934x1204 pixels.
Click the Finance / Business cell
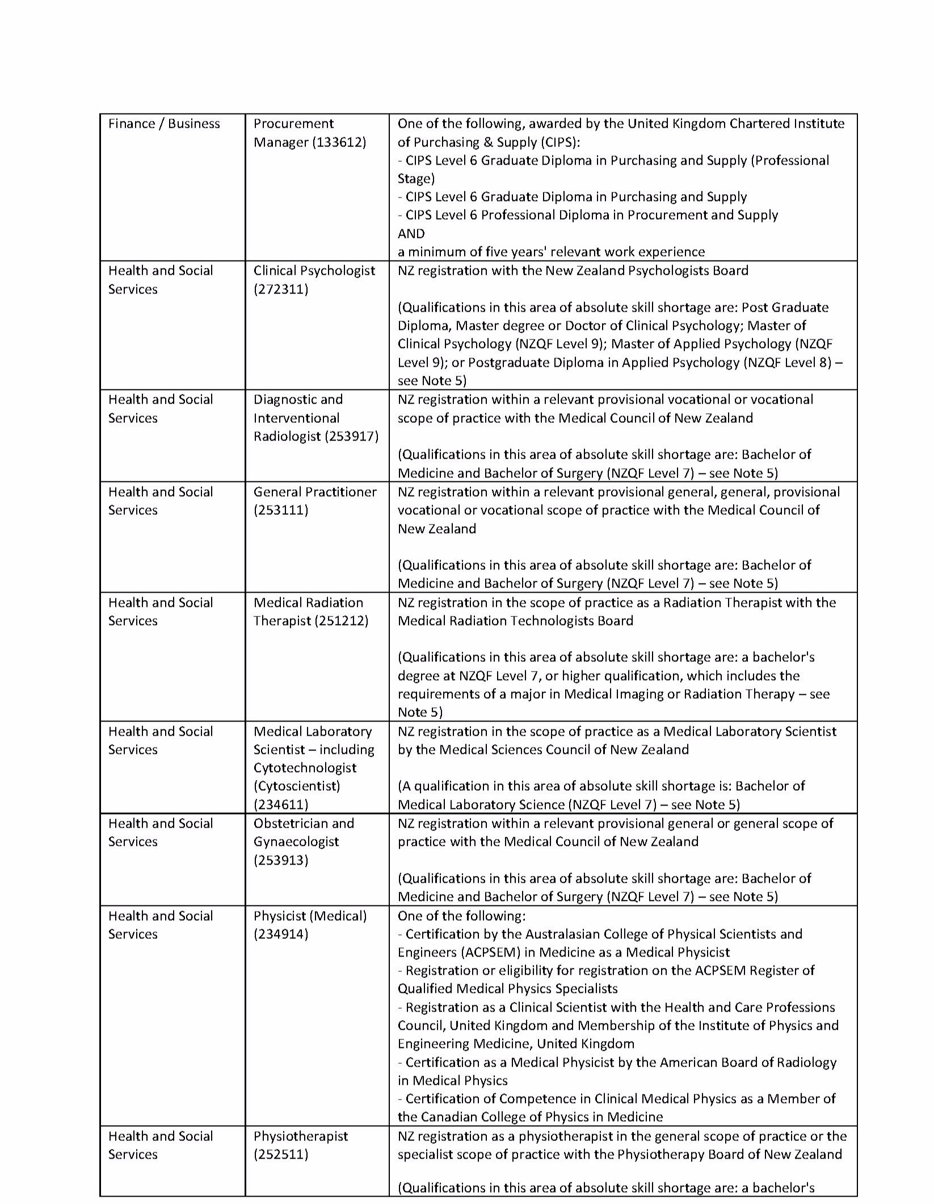pos(164,124)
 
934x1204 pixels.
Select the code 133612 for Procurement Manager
pos(339,142)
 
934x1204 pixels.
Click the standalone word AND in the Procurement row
pos(411,233)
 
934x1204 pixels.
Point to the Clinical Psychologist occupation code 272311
pos(281,289)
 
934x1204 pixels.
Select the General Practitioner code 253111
pos(281,510)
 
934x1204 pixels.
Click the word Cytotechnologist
pos(305,767)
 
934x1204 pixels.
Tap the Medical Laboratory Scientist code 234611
pos(281,804)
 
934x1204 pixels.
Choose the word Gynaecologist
pos(296,841)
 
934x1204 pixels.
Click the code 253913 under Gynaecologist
pos(281,860)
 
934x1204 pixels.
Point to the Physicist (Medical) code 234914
pos(281,934)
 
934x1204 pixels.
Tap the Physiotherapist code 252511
pos(281,1154)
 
